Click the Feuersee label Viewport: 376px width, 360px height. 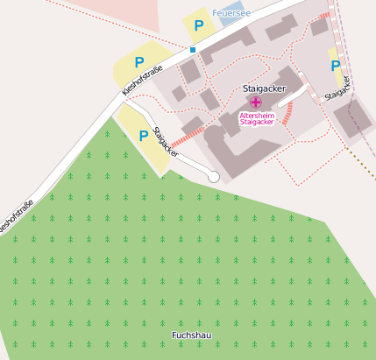tap(232, 13)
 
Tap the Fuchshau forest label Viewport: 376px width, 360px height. tap(192, 335)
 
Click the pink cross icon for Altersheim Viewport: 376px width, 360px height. tap(255, 102)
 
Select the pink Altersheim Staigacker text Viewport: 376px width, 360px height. tap(257, 118)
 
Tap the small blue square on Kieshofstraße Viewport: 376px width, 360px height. tap(192, 49)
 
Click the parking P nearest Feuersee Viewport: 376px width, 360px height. tap(199, 25)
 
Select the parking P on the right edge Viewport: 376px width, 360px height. tap(335, 66)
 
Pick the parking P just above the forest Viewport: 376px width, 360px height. tap(143, 136)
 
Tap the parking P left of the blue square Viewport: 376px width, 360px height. tap(138, 62)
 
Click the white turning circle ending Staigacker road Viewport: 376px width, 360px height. tap(213, 177)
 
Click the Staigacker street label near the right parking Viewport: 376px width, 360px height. tap(337, 88)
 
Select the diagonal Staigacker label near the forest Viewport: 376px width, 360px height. tap(166, 142)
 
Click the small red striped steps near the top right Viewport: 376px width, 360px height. tap(324, 15)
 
